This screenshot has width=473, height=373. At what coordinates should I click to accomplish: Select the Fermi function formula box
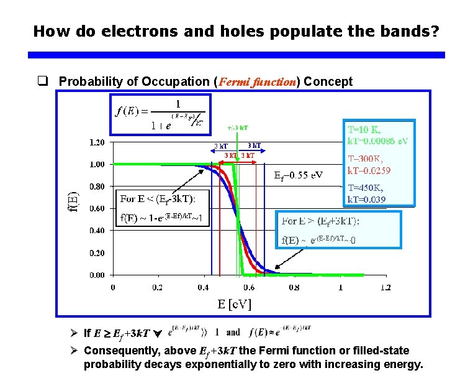158,114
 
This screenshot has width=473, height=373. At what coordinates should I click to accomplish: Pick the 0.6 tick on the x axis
248,287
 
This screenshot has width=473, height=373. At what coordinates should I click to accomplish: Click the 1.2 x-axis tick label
385,287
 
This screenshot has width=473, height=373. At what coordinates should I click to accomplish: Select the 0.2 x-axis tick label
158,287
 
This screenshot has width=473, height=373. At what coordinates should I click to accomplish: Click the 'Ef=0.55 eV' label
299,175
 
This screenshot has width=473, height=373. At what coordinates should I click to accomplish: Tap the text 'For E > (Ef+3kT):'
320,221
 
